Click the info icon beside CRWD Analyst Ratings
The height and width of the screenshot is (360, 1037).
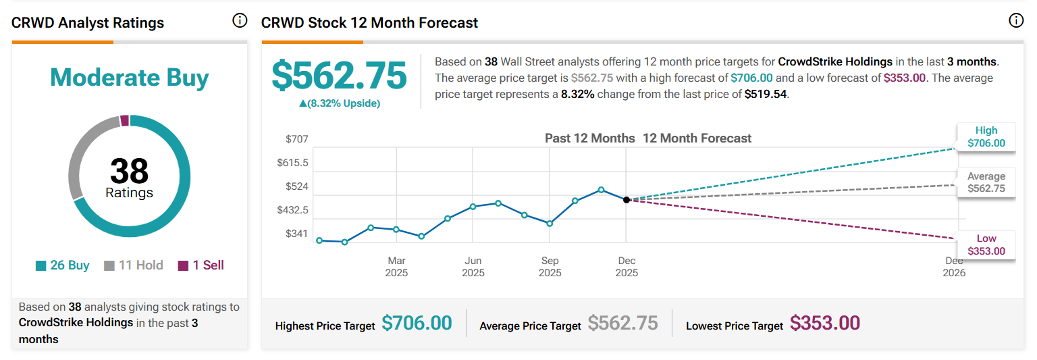(240, 21)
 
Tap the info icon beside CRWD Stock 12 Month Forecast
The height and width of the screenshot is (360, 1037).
(1015, 21)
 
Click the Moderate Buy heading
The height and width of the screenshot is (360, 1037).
(129, 78)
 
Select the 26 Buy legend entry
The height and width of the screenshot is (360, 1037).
(63, 265)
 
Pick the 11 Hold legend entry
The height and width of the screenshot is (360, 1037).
(133, 265)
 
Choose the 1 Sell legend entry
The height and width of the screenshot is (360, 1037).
(201, 265)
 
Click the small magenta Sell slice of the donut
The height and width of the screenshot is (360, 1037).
(124, 120)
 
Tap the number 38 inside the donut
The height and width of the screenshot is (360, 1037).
(129, 170)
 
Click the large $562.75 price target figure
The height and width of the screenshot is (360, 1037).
(340, 76)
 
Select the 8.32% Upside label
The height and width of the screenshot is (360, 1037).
(340, 103)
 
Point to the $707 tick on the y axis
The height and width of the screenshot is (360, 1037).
(297, 139)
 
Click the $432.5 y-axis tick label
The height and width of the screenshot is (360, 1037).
(292, 210)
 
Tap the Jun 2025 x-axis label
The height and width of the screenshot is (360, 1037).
(473, 267)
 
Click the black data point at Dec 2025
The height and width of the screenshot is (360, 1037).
(627, 200)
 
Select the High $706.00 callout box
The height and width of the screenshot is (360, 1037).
(986, 136)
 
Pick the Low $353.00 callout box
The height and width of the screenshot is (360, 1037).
(986, 245)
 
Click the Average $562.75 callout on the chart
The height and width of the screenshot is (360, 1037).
(986, 182)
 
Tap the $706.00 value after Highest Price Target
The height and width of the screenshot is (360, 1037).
(417, 323)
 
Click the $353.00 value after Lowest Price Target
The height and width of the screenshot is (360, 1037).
(825, 323)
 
